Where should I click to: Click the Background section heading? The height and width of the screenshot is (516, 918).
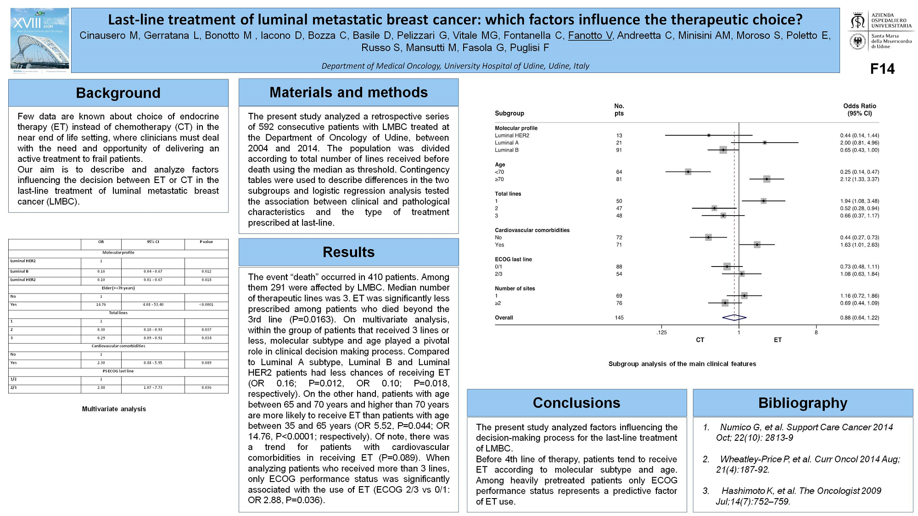point(118,93)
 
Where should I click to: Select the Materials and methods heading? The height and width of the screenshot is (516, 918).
point(348,93)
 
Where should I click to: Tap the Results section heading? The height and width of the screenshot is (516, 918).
point(348,252)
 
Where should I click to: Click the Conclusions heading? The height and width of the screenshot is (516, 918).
point(577,403)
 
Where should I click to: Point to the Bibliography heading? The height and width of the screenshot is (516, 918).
point(802,403)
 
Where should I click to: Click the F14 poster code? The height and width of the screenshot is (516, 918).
point(882,69)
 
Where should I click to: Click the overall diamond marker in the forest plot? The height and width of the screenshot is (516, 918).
point(734,317)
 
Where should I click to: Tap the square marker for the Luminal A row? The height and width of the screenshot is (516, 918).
point(765,143)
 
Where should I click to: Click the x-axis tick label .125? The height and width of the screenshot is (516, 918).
point(661,333)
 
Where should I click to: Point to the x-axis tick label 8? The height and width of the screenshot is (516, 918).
point(816,333)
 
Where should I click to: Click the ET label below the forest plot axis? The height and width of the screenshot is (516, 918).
point(778,340)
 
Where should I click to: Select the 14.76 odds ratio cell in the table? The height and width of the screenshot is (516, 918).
point(101,305)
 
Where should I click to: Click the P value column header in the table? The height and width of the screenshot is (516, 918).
point(206,242)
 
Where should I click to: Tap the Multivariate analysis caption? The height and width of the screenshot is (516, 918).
point(114,409)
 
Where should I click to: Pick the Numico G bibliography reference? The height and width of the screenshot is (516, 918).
point(803,433)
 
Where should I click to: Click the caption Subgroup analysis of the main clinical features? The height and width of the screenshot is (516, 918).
point(682,364)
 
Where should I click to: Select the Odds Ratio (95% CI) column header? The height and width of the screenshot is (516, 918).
point(859,110)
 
